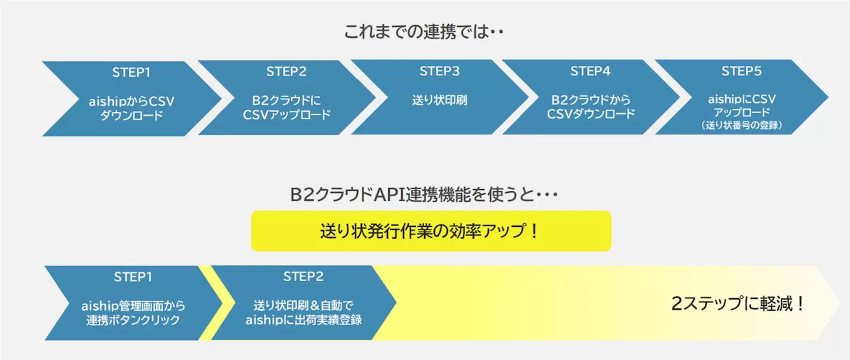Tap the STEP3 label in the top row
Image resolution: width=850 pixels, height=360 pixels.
[x=439, y=71]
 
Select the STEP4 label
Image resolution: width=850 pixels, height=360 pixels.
[x=590, y=71]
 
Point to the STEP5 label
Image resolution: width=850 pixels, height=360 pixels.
[x=742, y=71]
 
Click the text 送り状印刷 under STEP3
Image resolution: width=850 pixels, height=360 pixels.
[x=439, y=100]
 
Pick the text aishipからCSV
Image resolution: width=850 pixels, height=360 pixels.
[x=132, y=101]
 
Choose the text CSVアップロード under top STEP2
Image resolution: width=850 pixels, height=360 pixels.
[x=287, y=115]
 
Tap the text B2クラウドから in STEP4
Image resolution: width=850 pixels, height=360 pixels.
[x=590, y=100]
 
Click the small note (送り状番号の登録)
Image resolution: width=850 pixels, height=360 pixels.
[x=742, y=125]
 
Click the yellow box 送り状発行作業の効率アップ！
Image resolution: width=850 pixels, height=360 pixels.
[x=431, y=231]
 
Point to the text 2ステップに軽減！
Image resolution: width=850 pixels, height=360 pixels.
[x=738, y=304]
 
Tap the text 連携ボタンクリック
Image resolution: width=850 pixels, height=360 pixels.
[x=133, y=320]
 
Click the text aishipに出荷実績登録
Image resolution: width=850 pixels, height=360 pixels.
[x=304, y=320]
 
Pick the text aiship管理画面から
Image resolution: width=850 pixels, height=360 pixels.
[x=133, y=306]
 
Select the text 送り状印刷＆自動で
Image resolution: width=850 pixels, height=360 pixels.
[x=304, y=305]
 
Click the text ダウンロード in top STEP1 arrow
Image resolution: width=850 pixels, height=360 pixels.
[x=132, y=115]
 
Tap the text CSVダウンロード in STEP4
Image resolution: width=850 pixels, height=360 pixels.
[x=590, y=114]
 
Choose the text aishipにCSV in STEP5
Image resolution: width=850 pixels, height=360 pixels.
[x=742, y=99]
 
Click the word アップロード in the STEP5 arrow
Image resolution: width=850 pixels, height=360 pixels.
[x=742, y=112]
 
